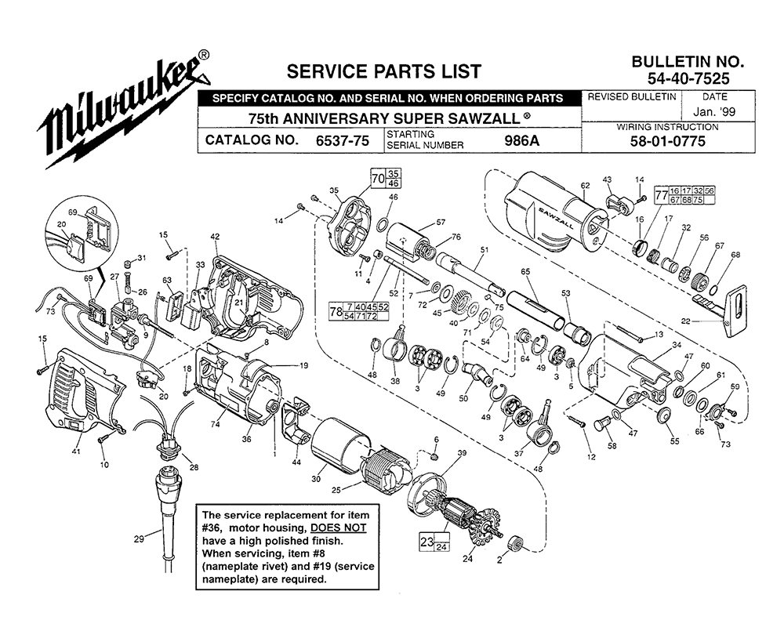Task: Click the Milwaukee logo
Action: coord(124,110)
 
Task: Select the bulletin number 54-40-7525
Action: coord(688,78)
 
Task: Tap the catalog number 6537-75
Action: coord(343,140)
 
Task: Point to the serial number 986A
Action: coord(521,140)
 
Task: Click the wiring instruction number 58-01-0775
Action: coord(667,142)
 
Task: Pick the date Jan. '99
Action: coord(714,111)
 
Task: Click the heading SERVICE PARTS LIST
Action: coord(383,71)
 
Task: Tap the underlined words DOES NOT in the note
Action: coord(339,528)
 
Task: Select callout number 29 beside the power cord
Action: coord(139,538)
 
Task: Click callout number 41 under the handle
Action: coord(75,451)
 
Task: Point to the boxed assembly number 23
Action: coord(426,542)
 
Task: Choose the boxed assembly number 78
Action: coord(336,312)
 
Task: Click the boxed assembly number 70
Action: coord(378,178)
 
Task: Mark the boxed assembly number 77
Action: coord(661,195)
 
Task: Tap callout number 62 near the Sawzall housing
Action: coord(585,186)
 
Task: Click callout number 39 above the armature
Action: coord(462,453)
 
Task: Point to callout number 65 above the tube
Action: coord(525,271)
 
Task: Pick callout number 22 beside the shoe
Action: coord(685,321)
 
